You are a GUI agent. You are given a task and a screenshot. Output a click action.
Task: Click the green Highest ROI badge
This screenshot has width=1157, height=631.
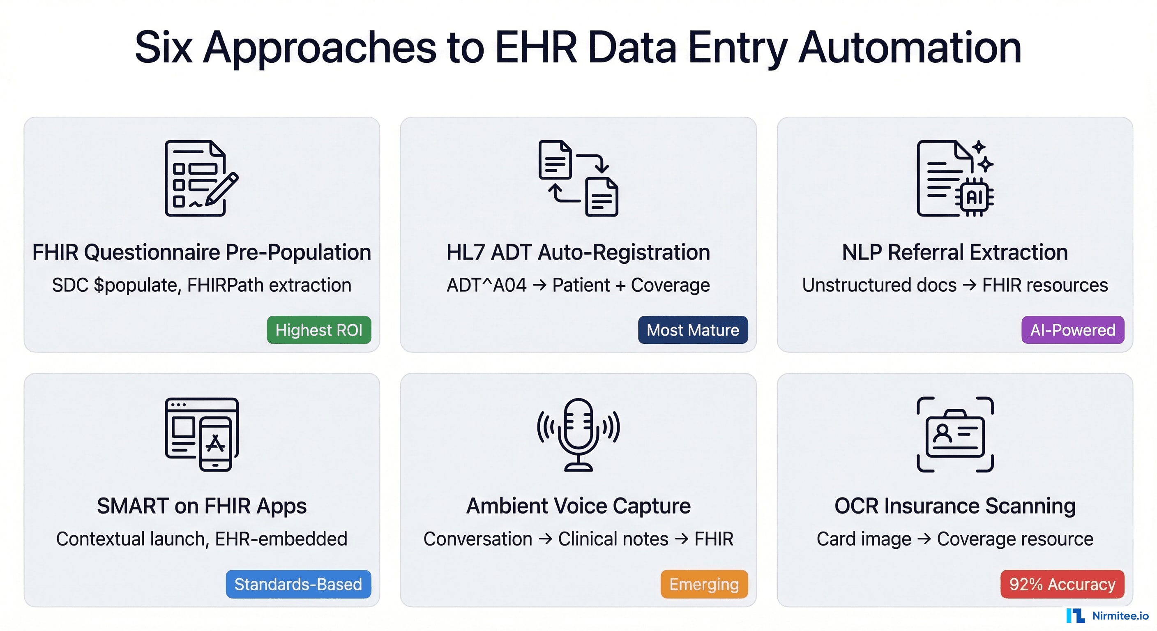click(319, 330)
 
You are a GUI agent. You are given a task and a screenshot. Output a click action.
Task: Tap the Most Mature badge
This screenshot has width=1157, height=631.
click(693, 330)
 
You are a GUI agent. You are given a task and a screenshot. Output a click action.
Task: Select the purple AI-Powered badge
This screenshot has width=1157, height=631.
click(1072, 330)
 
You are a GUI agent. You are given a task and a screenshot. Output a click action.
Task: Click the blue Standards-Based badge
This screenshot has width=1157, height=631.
click(298, 584)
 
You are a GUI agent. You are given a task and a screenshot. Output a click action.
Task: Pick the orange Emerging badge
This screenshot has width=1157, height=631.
click(704, 584)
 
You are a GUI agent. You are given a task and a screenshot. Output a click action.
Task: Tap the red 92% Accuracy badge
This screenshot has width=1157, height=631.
click(1062, 584)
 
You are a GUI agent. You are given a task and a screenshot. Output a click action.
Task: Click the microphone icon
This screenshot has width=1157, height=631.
click(578, 434)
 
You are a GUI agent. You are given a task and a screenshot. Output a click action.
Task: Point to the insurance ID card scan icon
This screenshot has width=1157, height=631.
click(955, 434)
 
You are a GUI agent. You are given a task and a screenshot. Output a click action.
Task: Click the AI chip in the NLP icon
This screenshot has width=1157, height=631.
click(975, 197)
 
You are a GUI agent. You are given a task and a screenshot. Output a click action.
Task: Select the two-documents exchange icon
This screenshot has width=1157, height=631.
click(578, 178)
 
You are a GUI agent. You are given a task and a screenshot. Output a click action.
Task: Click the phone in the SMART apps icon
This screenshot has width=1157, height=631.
click(216, 444)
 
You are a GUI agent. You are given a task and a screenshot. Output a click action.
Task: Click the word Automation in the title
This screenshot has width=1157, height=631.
click(910, 48)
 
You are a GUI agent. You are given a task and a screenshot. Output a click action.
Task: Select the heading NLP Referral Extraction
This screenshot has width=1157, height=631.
click(955, 252)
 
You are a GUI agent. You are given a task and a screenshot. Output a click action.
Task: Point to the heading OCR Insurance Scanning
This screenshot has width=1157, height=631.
click(955, 506)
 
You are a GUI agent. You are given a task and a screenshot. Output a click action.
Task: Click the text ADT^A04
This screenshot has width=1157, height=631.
click(486, 285)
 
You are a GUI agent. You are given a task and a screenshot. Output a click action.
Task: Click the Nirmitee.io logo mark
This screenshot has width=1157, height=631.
click(1075, 615)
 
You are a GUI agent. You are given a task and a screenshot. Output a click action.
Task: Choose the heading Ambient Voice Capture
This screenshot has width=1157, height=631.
click(578, 506)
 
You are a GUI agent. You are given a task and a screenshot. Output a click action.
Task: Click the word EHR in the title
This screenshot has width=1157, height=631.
click(536, 48)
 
